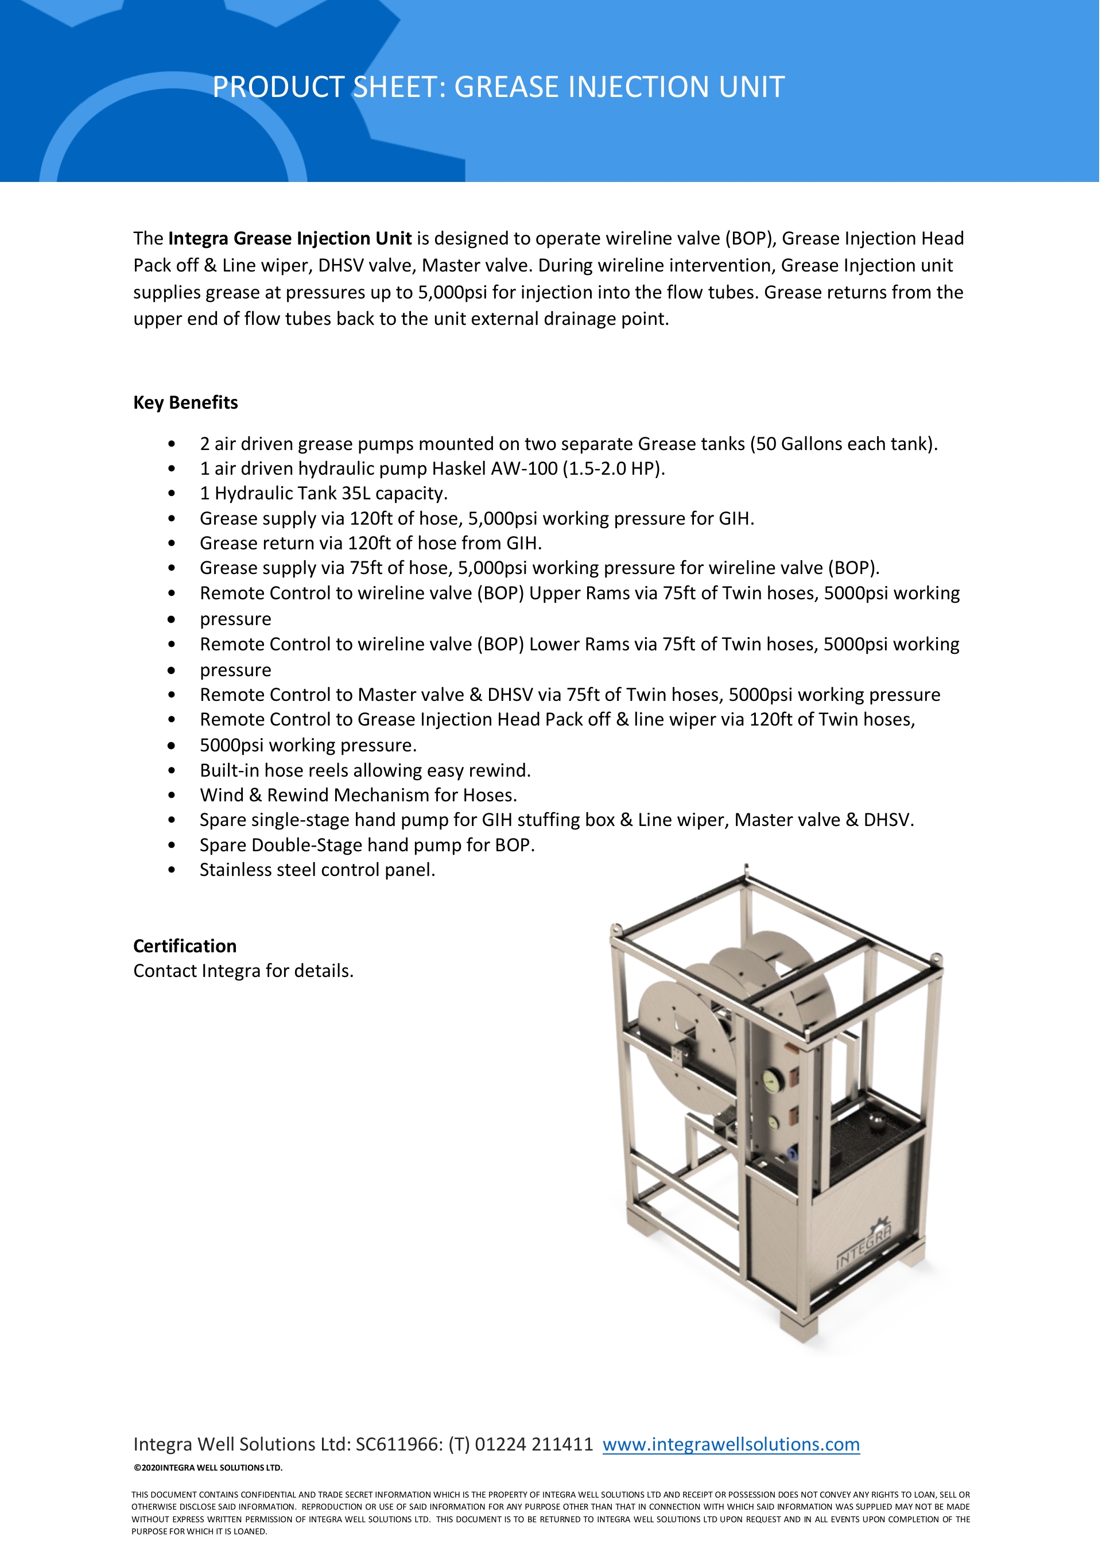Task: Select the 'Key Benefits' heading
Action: pos(185,402)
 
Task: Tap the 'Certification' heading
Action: pos(185,946)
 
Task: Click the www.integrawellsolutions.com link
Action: pos(731,1444)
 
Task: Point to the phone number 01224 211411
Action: pos(534,1444)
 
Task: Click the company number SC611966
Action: pos(399,1444)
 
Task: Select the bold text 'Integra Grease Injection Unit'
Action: pos(290,238)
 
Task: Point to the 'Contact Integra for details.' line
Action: pos(243,971)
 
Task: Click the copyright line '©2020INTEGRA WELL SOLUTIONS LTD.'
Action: pos(208,1467)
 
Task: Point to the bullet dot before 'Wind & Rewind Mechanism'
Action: pos(172,795)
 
